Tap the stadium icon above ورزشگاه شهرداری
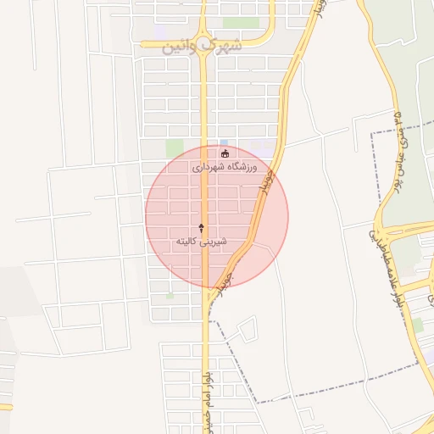coord(225,153)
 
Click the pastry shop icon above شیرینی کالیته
coord(201,227)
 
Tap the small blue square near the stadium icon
coord(224,142)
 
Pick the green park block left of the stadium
coord(175,148)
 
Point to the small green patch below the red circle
coord(170,296)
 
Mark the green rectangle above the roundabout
coord(241,23)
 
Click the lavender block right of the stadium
coord(261,147)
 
